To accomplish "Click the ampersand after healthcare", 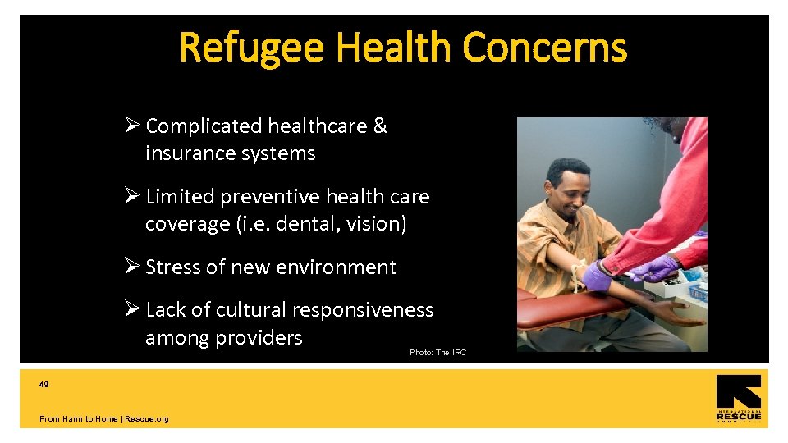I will [380, 126].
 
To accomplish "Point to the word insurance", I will [185, 153].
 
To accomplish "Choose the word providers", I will [263, 337].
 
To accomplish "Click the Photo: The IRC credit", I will [438, 353].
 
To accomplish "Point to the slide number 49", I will [44, 383].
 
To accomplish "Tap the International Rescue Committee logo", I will [738, 398].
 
